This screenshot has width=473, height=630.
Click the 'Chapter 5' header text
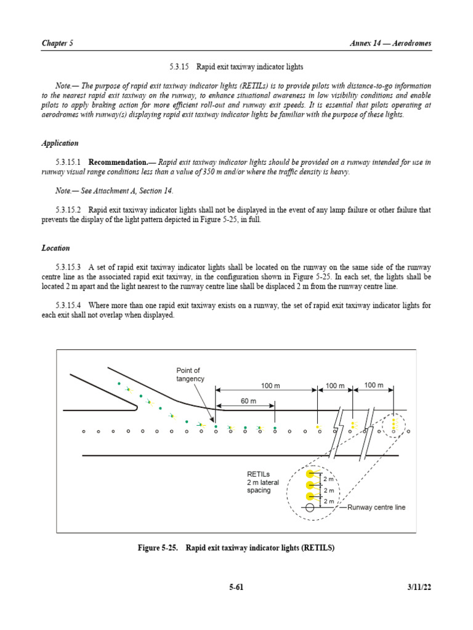57,43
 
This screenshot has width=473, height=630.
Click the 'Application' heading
60,143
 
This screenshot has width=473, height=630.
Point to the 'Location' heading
55,249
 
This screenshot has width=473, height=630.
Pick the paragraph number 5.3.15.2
68,210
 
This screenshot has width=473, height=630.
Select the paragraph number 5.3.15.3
68,268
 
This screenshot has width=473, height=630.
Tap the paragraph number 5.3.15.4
68,306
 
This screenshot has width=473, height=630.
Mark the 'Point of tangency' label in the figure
190,375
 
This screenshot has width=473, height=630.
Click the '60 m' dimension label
249,401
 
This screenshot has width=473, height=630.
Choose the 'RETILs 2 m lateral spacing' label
263,482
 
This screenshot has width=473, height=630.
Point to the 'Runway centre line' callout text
376,508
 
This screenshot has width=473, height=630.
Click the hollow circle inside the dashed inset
310,508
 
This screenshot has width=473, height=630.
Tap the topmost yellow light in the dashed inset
310,473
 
